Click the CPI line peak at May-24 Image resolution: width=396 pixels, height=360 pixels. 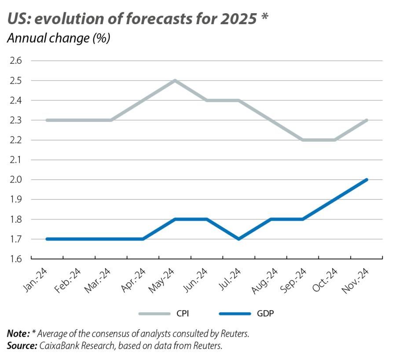click(x=175, y=81)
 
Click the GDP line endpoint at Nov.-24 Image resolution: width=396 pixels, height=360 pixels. click(x=367, y=180)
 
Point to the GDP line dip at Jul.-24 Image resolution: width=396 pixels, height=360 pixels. click(x=238, y=239)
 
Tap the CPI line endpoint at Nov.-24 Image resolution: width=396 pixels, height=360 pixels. click(x=367, y=120)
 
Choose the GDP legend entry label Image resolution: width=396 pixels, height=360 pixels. click(x=266, y=313)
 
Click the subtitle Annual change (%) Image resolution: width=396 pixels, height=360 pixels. click(x=58, y=39)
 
